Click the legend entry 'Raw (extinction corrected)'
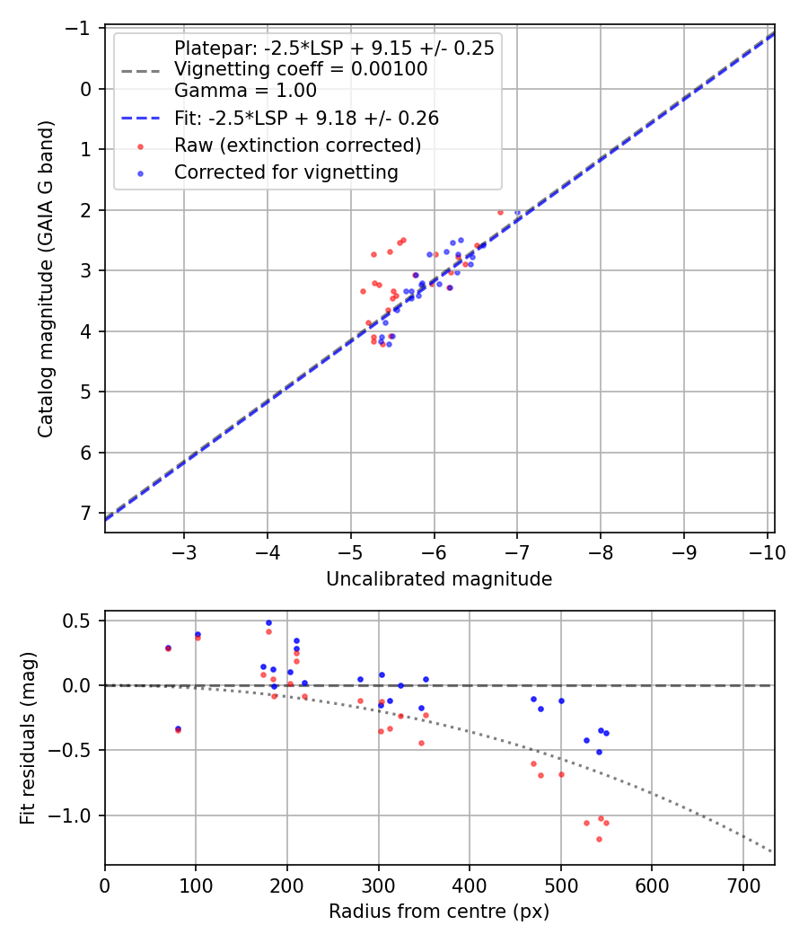(x=297, y=145)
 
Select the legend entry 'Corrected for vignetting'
(x=285, y=172)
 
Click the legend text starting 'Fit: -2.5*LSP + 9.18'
(x=306, y=118)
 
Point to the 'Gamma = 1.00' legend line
(x=245, y=90)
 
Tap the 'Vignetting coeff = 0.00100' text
(x=301, y=69)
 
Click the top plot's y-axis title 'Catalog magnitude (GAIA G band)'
(x=45, y=279)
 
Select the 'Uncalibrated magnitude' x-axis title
(x=439, y=579)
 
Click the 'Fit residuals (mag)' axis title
(x=28, y=738)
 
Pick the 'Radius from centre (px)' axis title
(x=439, y=912)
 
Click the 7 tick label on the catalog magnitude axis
(x=86, y=513)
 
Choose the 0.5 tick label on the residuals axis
(x=81, y=621)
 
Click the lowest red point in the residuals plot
(x=599, y=839)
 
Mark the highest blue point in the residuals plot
(x=268, y=622)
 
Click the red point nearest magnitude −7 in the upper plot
(x=500, y=212)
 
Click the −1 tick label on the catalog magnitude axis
(x=81, y=28)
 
